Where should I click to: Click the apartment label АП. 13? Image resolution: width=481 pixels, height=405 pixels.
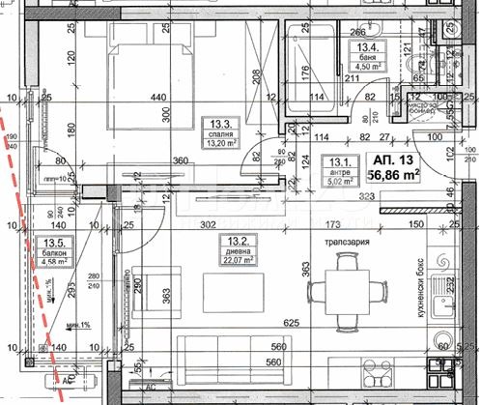click(x=394, y=159)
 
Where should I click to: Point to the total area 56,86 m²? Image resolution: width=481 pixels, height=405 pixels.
click(x=394, y=175)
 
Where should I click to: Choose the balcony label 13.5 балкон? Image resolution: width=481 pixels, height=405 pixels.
click(x=53, y=251)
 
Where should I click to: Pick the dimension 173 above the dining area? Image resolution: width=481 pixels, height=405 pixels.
click(x=333, y=224)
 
